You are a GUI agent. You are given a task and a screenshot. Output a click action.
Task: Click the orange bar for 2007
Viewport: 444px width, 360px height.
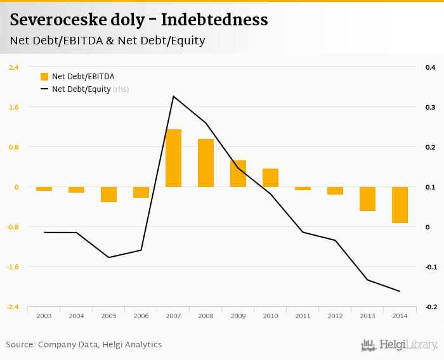(x=173, y=158)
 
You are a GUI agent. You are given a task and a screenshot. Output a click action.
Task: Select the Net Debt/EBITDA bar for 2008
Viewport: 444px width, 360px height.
(x=206, y=163)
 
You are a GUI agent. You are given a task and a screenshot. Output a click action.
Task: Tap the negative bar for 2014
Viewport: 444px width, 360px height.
(x=400, y=205)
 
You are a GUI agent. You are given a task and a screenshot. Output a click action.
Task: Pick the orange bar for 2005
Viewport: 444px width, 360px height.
(x=108, y=195)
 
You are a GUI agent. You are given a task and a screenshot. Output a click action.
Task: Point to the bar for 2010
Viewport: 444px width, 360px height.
(x=270, y=177)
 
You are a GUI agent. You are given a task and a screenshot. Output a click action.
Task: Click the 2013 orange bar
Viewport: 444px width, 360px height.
(x=367, y=199)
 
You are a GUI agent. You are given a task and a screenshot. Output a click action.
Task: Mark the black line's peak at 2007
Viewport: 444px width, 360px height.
(x=173, y=96)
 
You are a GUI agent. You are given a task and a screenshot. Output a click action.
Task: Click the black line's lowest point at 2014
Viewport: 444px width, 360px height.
(x=400, y=292)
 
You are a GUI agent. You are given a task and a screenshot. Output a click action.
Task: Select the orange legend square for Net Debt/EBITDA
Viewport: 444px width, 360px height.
(x=44, y=77)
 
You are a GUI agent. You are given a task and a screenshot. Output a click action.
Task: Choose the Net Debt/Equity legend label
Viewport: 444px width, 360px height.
(x=81, y=89)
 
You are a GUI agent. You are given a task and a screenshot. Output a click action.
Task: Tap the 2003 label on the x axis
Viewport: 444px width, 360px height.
(x=44, y=316)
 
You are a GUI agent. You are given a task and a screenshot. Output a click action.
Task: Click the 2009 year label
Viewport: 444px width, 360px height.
(x=238, y=316)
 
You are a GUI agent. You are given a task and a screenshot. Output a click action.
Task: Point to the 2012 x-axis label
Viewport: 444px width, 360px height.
(x=335, y=316)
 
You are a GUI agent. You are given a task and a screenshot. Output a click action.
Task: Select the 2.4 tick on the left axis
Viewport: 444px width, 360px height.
(x=13, y=67)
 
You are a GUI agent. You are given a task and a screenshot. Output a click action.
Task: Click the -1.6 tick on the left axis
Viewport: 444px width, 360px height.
(x=13, y=267)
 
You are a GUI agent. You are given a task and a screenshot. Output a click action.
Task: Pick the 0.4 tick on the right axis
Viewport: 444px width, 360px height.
(x=430, y=67)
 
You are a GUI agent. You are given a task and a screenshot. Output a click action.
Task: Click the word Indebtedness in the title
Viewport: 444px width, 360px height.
(x=214, y=20)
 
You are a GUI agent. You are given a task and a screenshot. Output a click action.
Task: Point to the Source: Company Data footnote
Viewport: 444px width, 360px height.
(x=84, y=345)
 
